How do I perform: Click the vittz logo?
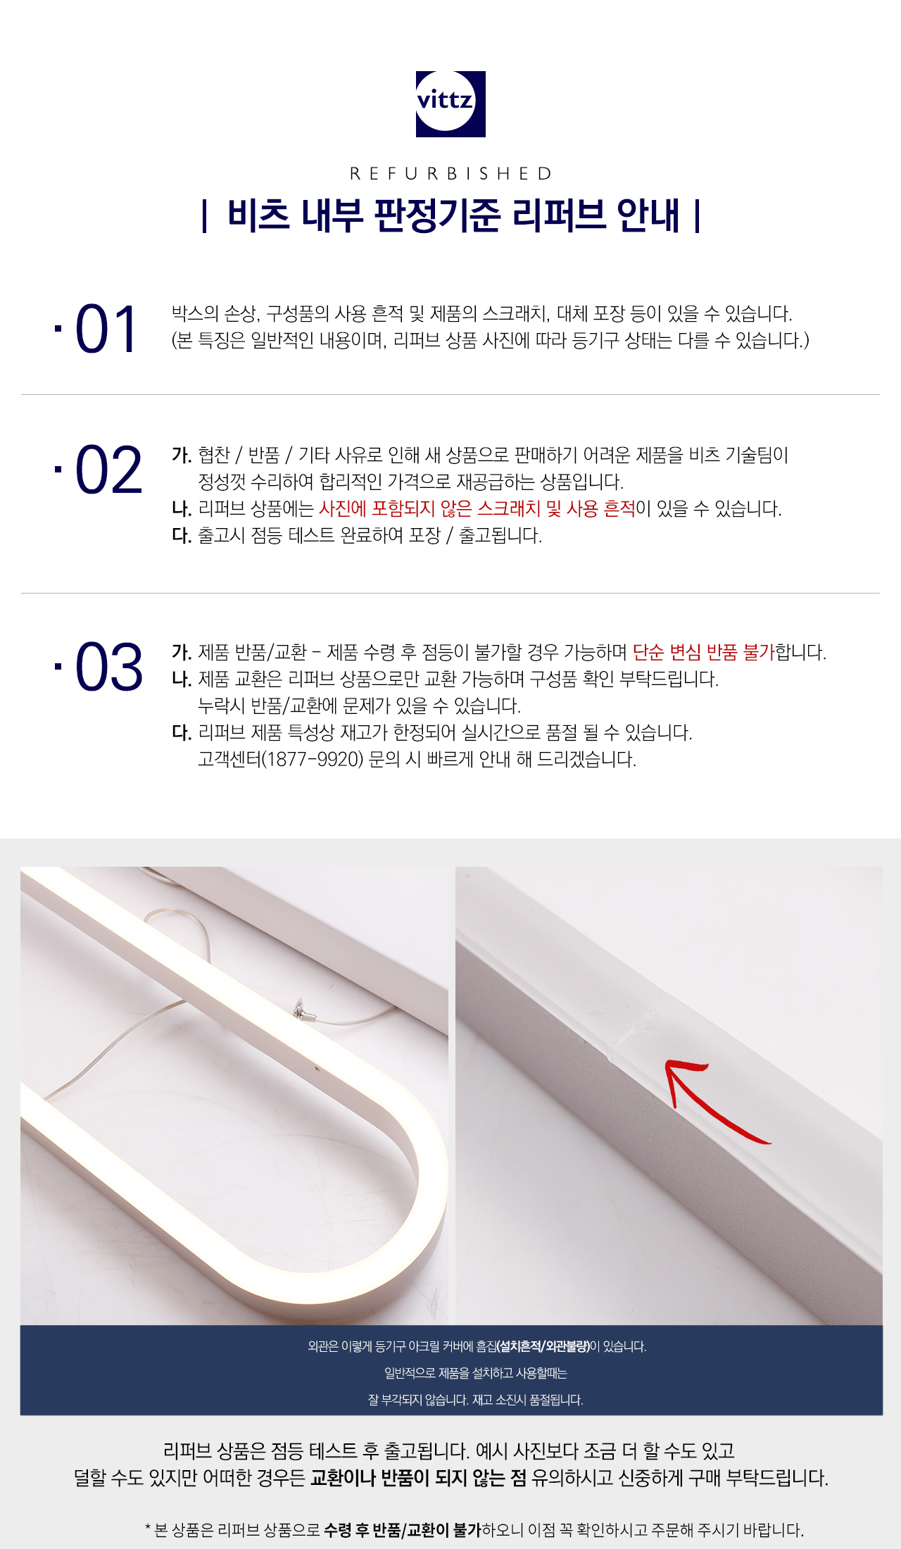(450, 104)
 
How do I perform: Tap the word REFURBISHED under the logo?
(450, 173)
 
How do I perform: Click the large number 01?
(106, 330)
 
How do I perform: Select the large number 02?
(108, 470)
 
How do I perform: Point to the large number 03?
(108, 666)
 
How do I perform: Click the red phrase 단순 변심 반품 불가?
(703, 652)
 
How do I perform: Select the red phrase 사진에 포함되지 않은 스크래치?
(429, 508)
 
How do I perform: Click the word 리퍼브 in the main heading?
(559, 215)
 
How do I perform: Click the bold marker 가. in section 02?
(182, 456)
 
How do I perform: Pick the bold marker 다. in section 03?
(182, 733)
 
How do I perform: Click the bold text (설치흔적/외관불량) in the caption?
(543, 1346)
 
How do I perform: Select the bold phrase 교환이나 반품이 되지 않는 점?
(418, 1477)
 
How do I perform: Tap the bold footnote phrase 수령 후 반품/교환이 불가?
(402, 1529)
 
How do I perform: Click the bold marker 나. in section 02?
(182, 509)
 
